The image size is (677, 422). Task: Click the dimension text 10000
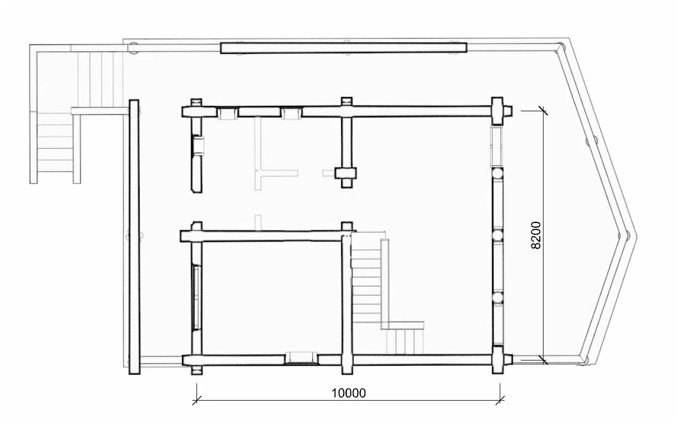click(x=349, y=393)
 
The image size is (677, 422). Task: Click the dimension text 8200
click(x=536, y=235)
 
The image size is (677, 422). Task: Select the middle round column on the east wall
click(x=497, y=235)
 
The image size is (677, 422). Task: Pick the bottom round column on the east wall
click(x=497, y=297)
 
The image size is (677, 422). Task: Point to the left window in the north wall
click(x=227, y=113)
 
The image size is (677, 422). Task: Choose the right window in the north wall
click(x=291, y=113)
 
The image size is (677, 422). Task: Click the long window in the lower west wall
click(x=196, y=297)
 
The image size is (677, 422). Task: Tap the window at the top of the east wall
click(x=496, y=147)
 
